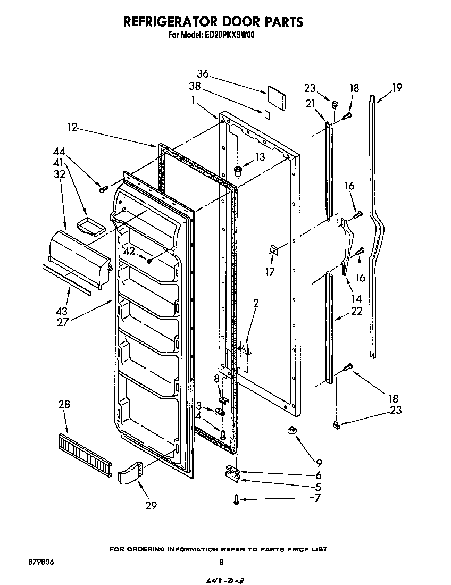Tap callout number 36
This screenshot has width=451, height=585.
tap(203, 74)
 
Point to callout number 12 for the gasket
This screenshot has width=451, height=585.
tap(73, 127)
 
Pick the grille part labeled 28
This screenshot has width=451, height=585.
tap(85, 449)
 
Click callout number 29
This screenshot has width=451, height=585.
tap(151, 506)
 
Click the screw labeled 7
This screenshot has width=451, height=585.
tap(236, 498)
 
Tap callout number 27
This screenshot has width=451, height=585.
tap(63, 322)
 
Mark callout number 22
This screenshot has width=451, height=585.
tap(356, 311)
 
